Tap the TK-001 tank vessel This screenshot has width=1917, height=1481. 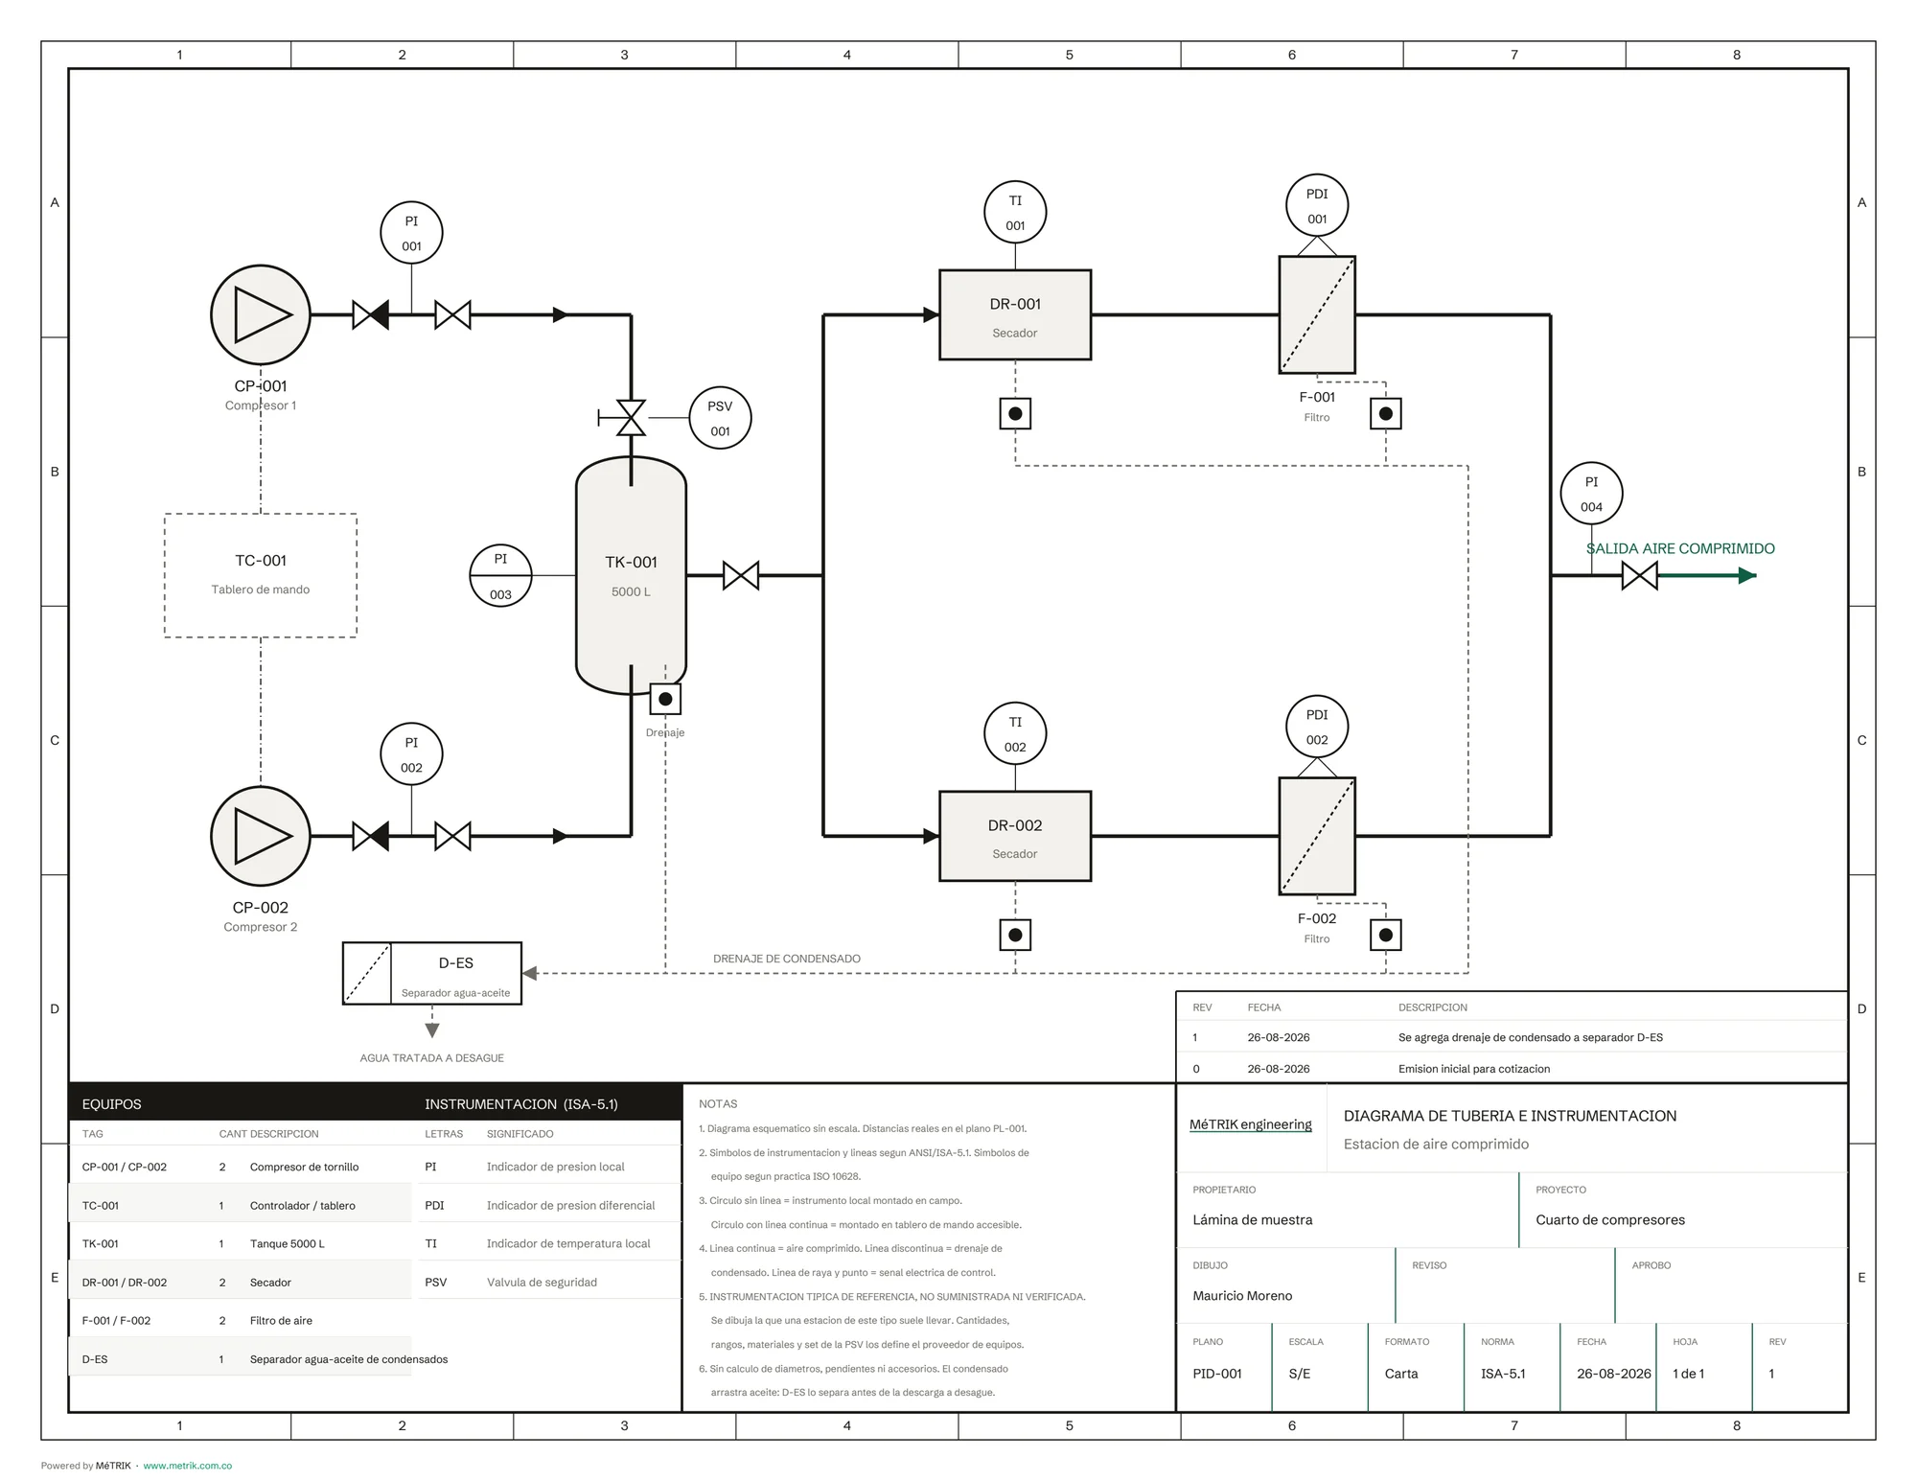631,575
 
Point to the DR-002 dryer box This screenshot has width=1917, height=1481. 1015,836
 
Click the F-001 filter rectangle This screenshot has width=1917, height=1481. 1317,314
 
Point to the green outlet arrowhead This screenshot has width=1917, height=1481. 1747,575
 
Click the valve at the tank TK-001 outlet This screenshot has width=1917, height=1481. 741,575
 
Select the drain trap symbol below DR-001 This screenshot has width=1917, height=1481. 1015,413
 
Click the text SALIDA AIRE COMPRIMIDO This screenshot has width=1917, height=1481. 1680,548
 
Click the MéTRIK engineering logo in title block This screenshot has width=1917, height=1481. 1251,1124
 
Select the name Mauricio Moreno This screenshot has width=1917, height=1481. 1242,1295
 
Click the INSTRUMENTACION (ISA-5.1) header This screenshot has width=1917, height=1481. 521,1104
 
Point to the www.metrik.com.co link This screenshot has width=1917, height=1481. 188,1466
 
